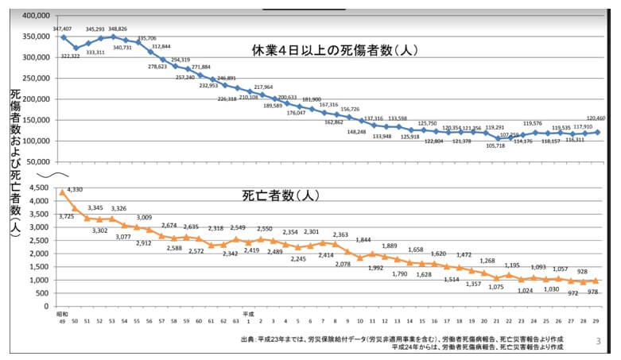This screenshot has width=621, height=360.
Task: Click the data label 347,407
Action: [63, 28]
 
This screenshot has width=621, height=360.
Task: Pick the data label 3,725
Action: [67, 216]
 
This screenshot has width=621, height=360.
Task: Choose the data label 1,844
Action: [363, 239]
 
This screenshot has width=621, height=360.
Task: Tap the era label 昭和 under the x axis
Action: [62, 313]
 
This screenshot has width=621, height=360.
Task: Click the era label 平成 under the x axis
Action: [248, 313]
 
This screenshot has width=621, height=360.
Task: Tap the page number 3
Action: [597, 342]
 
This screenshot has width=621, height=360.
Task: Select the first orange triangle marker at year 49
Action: [63, 192]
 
